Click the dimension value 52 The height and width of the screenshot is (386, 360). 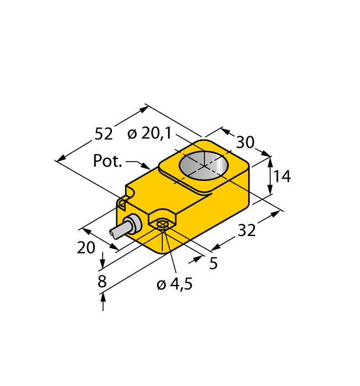tap(104, 134)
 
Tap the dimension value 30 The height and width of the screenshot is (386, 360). tap(245, 142)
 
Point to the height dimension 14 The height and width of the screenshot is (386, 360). tap(282, 176)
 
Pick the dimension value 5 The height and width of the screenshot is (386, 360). tap(213, 263)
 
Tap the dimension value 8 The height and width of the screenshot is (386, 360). tap(101, 282)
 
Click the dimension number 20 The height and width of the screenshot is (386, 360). tap(86, 248)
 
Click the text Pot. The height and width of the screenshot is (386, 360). tap(107, 161)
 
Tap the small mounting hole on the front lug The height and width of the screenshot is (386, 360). tap(162, 224)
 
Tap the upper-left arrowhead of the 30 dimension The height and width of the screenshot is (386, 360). tap(224, 131)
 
